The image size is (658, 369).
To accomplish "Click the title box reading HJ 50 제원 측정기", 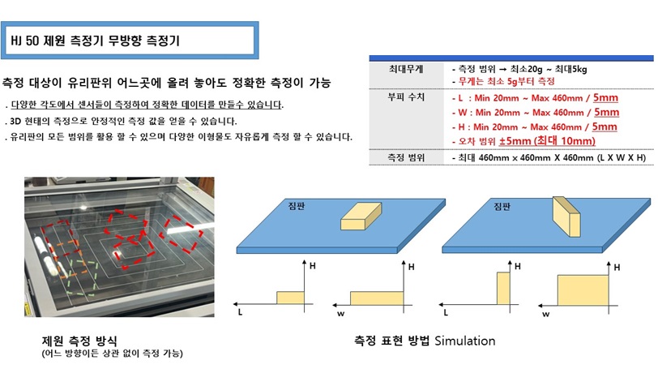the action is [130, 41].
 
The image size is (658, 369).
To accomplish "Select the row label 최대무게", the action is [406, 69].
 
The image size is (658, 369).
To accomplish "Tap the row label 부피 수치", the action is [406, 97].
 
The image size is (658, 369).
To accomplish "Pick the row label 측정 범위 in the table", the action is [406, 158].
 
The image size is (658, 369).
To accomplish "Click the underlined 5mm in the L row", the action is [605, 98].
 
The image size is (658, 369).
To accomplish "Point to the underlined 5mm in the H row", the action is [605, 127].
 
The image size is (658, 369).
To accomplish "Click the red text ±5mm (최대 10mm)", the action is [547, 141].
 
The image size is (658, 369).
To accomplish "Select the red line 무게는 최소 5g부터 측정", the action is [506, 81].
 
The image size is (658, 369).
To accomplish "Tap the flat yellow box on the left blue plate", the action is [361, 217].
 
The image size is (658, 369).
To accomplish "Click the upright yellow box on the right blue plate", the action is [566, 217].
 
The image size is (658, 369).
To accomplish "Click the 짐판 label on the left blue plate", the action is [297, 206].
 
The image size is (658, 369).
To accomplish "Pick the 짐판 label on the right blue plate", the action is [502, 206].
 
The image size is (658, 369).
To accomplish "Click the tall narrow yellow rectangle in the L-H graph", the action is [503, 288].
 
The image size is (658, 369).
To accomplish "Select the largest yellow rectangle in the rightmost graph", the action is [583, 290].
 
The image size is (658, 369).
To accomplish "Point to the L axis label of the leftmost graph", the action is [240, 312].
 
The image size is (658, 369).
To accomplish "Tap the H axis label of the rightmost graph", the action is [617, 268].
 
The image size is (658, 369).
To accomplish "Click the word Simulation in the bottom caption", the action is [465, 341].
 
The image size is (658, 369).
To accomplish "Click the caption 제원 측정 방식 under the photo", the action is [79, 341].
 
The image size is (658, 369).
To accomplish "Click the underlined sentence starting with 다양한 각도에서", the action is [147, 105].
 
